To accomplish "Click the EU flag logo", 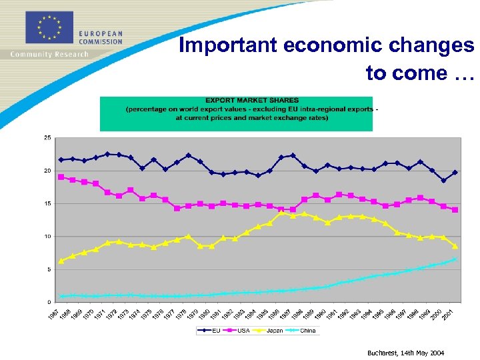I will pos(49,27).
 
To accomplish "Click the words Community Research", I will pos(49,55).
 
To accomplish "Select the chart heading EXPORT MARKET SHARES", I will pos(252,100).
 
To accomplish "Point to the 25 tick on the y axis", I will pos(47,138).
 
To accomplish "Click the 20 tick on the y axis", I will pos(47,171).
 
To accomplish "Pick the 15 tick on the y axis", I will pos(47,203).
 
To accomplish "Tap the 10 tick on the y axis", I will pos(47,237).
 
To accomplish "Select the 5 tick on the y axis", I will pos(48,269).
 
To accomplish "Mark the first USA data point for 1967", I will pos(61,177).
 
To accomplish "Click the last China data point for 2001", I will pos(455,259).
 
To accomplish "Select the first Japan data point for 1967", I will pos(61,261).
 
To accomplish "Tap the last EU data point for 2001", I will pos(455,173).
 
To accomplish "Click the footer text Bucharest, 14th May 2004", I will pos(405,353).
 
